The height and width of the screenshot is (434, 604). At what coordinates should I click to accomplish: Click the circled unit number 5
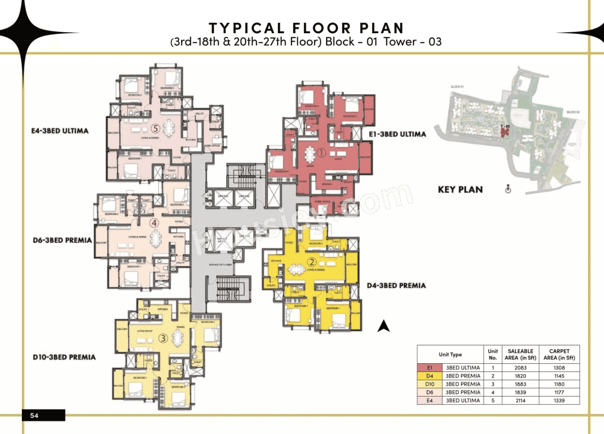[x=155, y=128]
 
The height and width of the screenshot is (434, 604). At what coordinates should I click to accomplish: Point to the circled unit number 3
[x=163, y=338]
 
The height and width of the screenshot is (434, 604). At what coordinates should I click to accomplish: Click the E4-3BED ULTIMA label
[x=59, y=131]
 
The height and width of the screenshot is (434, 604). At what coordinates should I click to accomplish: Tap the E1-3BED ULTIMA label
[x=397, y=134]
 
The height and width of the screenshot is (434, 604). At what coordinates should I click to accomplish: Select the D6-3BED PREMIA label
[x=62, y=240]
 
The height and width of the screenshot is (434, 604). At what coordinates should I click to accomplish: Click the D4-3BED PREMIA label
[x=396, y=285]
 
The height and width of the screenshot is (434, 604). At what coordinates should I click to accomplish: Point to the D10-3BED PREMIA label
[x=64, y=357]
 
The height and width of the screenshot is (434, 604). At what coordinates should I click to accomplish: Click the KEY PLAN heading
[x=460, y=189]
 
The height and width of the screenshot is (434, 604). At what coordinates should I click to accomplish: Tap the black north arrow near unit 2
[x=384, y=326]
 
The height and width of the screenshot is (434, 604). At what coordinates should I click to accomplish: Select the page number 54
[x=34, y=415]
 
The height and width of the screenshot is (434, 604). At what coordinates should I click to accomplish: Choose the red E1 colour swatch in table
[x=430, y=368]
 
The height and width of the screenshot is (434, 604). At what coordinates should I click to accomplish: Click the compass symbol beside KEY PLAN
[x=508, y=189]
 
